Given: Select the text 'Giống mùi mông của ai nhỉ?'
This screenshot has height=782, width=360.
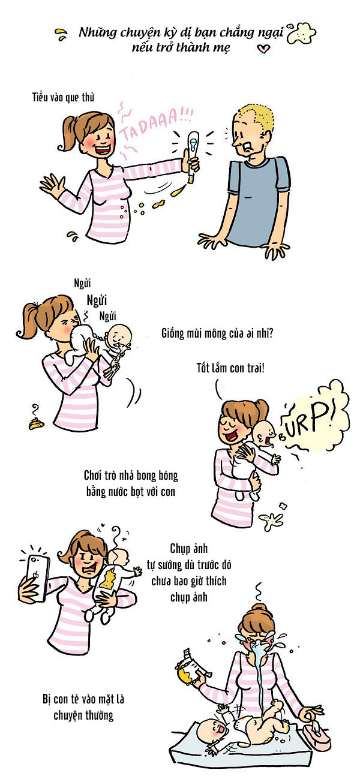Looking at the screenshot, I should tap(217, 333).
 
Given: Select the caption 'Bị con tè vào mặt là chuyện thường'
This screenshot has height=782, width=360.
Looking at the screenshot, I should tap(83, 707).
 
